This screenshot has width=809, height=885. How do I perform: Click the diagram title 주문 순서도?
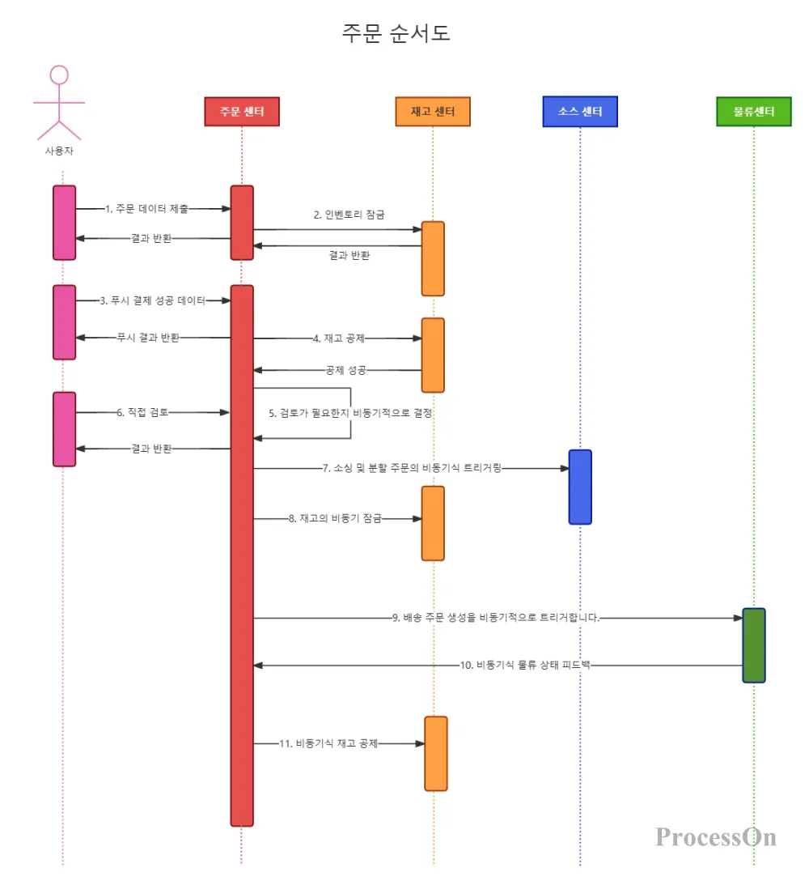[396, 32]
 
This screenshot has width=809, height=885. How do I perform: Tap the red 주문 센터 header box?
[242, 111]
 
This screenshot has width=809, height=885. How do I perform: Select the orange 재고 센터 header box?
[432, 111]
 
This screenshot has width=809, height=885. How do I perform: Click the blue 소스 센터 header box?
[580, 111]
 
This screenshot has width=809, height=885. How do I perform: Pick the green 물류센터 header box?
[754, 111]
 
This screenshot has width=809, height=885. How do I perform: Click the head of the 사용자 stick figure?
[59, 75]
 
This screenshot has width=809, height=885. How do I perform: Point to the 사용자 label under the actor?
[59, 151]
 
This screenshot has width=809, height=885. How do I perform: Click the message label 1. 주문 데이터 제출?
[146, 209]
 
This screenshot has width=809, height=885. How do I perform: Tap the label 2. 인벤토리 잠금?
[349, 215]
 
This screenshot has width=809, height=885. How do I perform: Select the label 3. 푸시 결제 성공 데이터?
[153, 300]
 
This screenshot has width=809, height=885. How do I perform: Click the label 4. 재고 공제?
[339, 338]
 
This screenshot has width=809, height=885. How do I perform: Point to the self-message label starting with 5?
[350, 413]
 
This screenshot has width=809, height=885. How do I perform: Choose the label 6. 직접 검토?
[142, 412]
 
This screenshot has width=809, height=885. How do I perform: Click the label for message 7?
[412, 468]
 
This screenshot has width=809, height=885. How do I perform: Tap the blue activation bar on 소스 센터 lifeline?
[580, 487]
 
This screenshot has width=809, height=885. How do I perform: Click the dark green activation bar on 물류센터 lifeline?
[754, 645]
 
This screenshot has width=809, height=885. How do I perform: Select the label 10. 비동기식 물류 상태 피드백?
[525, 665]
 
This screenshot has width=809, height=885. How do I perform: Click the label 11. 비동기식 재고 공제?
[328, 743]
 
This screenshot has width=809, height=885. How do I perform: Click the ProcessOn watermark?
[716, 836]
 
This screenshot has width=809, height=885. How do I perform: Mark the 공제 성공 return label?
[345, 370]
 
